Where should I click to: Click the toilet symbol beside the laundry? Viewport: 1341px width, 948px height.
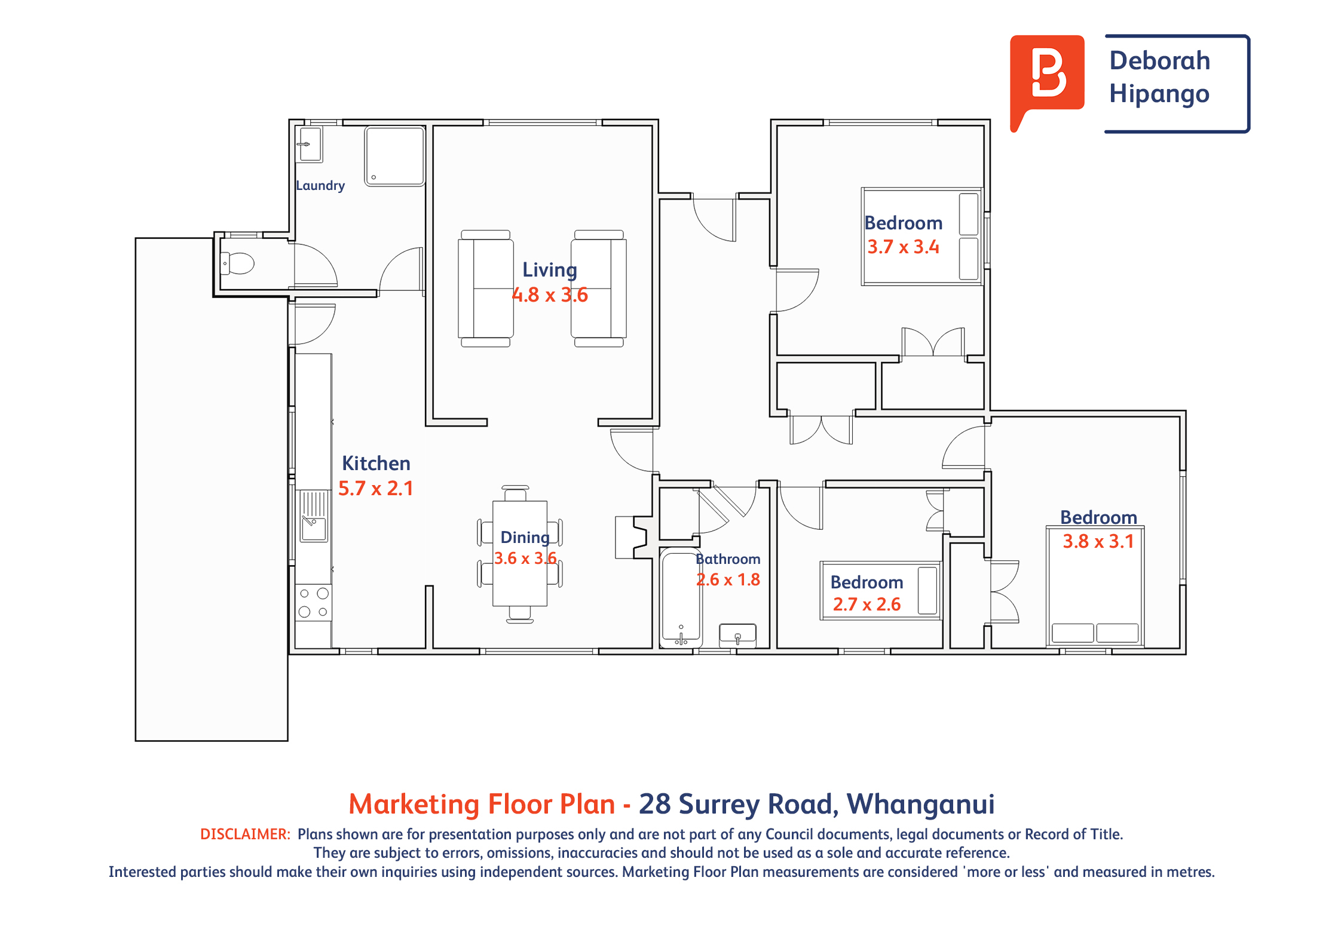click(238, 263)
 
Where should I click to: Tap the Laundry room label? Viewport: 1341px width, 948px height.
click(320, 186)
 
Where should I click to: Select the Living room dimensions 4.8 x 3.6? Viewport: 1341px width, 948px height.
click(550, 295)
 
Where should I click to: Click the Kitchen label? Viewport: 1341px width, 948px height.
click(376, 464)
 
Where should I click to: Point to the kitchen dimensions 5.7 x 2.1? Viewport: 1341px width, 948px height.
click(376, 489)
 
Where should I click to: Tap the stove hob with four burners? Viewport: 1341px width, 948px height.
click(314, 602)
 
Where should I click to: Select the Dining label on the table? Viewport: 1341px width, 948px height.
click(525, 538)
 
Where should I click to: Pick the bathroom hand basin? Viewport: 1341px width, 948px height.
click(738, 634)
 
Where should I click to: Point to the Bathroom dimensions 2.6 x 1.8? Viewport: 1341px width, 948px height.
click(728, 580)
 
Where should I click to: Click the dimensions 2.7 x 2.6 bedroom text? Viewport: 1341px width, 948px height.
click(867, 605)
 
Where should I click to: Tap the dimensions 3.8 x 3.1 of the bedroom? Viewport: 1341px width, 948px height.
click(1098, 542)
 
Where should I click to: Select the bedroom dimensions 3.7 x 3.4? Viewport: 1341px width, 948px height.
click(904, 247)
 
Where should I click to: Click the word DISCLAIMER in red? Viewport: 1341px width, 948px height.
click(245, 835)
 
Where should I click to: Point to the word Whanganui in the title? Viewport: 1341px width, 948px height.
click(921, 804)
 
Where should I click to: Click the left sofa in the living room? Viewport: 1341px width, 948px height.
click(486, 289)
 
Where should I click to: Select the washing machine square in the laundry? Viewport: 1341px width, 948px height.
click(394, 157)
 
